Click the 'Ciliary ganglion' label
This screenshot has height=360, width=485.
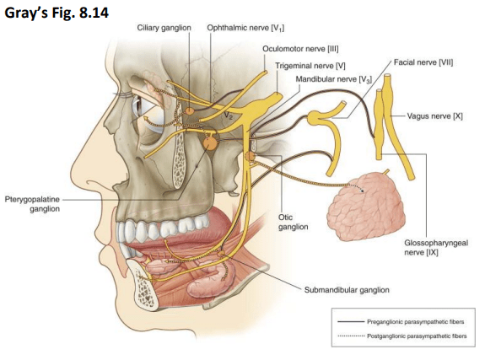pyautogui.click(x=164, y=28)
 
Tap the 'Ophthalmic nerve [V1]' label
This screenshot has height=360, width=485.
pyautogui.click(x=245, y=28)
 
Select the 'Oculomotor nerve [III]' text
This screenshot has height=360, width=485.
pyautogui.click(x=300, y=49)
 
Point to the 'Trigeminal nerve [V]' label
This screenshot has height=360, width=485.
pyautogui.click(x=310, y=66)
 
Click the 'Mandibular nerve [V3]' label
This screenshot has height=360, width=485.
pyautogui.click(x=334, y=79)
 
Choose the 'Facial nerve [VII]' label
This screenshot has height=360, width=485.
pyautogui.click(x=423, y=62)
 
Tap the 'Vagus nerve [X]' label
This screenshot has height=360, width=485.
pyautogui.click(x=434, y=116)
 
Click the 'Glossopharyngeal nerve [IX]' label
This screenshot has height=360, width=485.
pyautogui.click(x=436, y=247)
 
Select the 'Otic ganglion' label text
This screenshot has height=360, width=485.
pyautogui.click(x=293, y=222)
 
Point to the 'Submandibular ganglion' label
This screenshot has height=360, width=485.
pyautogui.click(x=347, y=290)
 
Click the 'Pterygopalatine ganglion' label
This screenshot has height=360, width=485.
pyautogui.click(x=32, y=204)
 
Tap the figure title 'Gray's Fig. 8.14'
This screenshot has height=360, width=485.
pyautogui.click(x=57, y=13)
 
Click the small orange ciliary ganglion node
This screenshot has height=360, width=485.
pyautogui.click(x=189, y=110)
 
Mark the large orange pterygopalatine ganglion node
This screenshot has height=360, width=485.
pyautogui.click(x=210, y=144)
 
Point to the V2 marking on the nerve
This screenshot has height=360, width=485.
pyautogui.click(x=229, y=116)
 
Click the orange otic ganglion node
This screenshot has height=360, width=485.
pyautogui.click(x=250, y=157)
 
